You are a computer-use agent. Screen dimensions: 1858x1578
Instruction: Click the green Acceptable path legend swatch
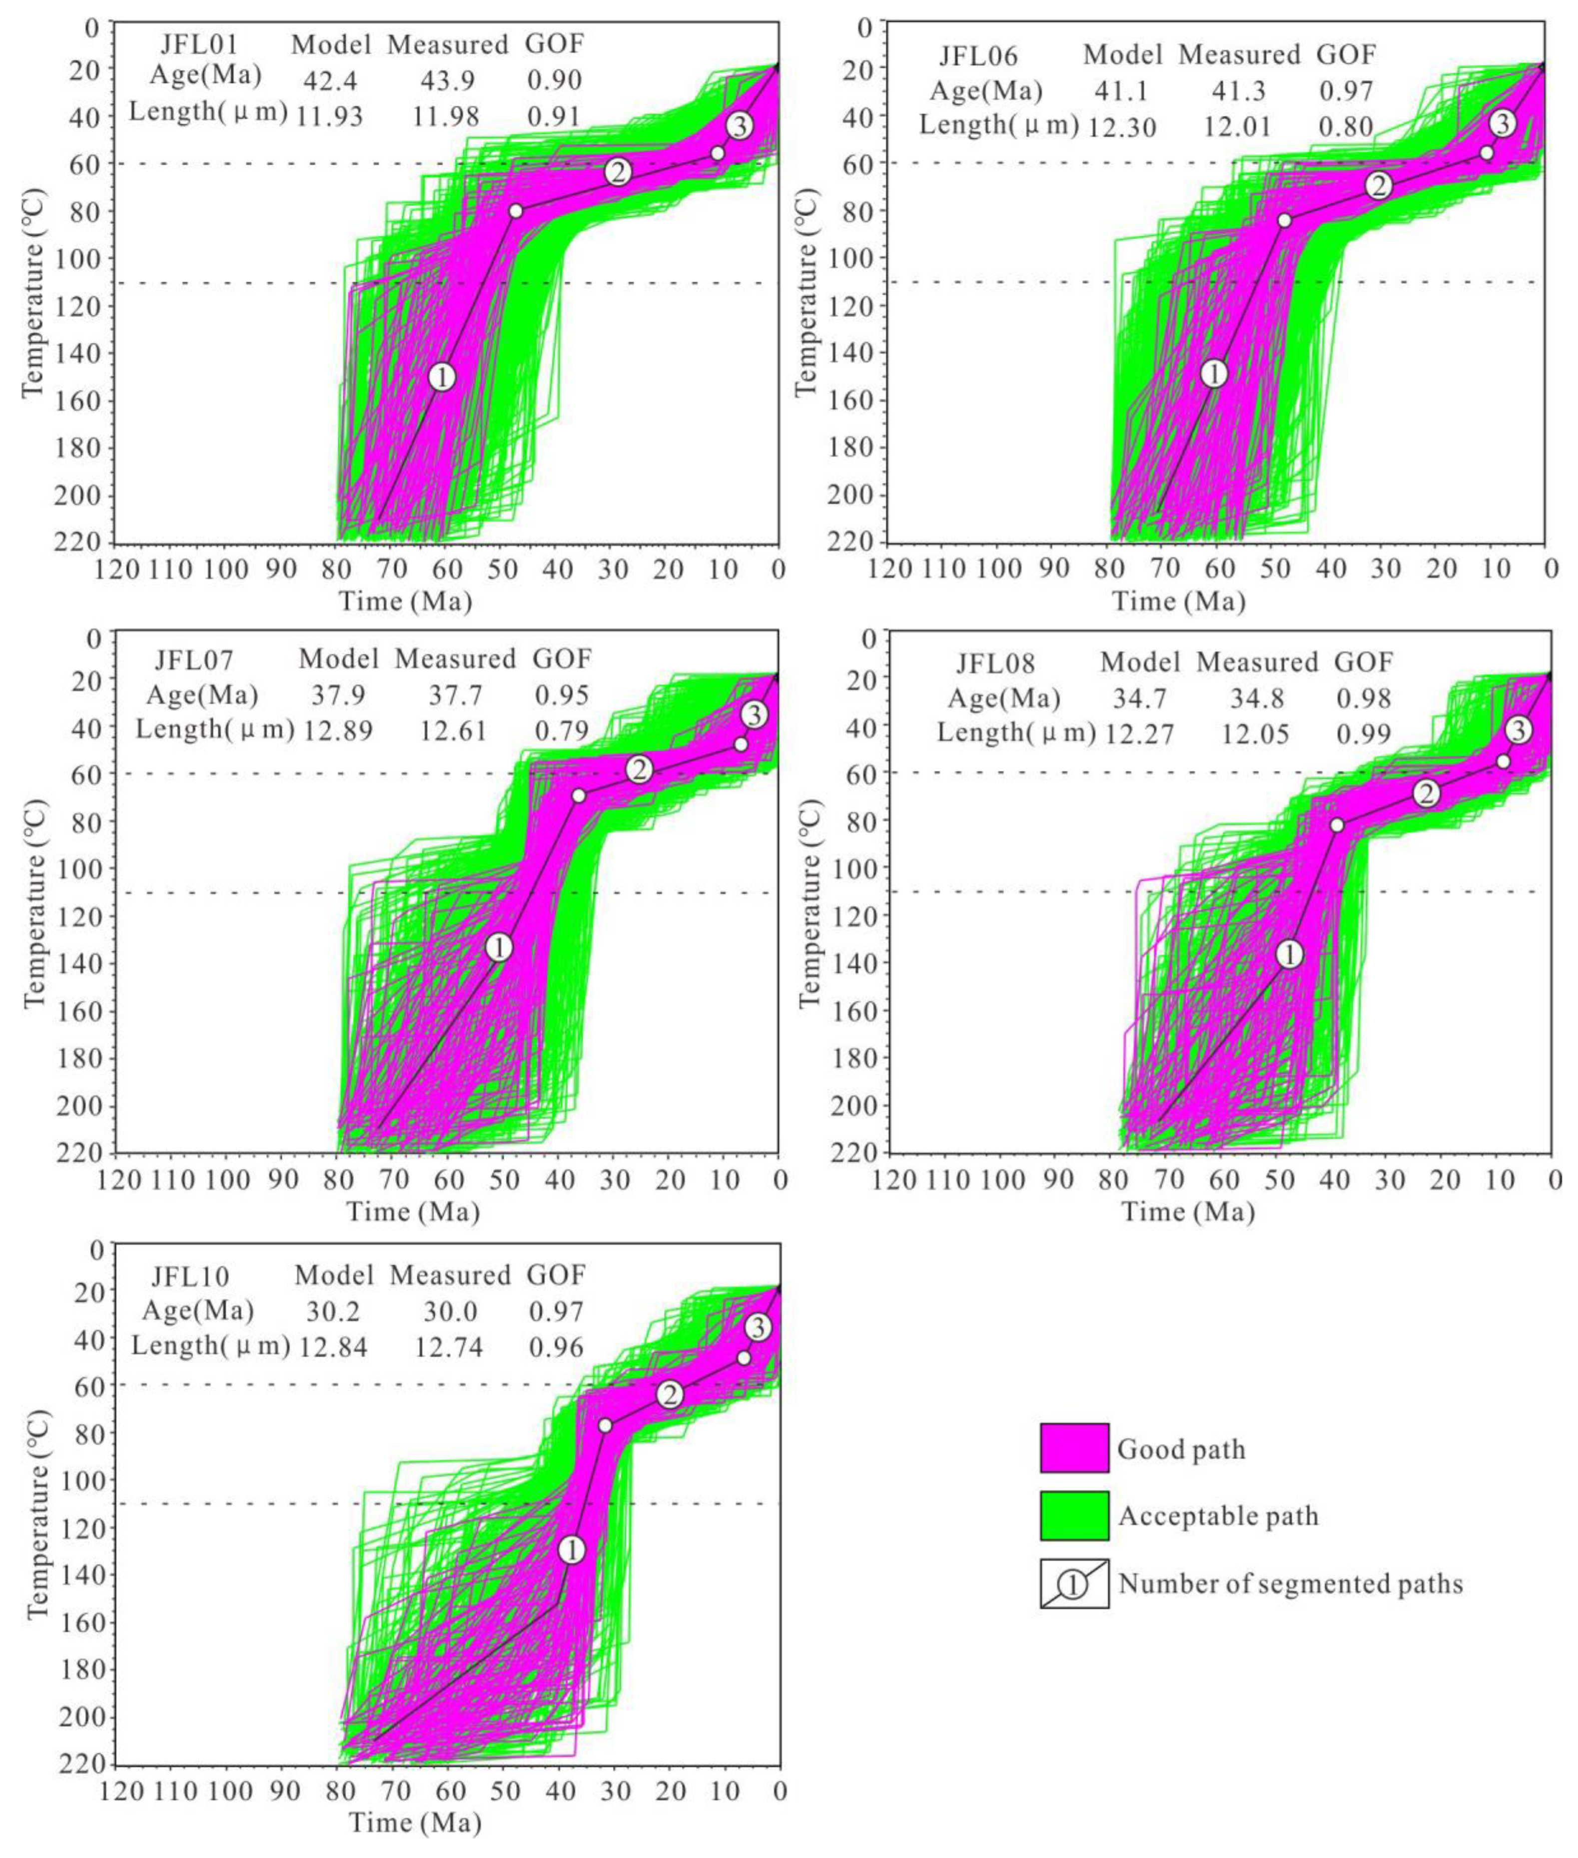(1073, 1515)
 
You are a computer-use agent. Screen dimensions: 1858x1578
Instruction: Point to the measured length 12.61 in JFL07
(454, 731)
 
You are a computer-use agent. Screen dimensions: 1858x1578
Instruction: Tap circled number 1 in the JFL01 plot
(442, 377)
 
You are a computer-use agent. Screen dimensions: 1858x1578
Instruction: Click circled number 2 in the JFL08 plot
(1427, 792)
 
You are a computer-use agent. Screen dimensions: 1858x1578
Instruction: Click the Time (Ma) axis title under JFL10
(414, 1822)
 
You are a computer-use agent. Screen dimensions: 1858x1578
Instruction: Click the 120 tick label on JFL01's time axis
(117, 569)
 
